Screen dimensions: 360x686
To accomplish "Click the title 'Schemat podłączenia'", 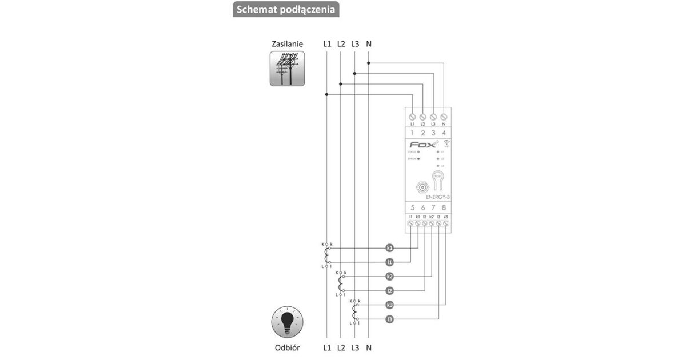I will [x=286, y=10].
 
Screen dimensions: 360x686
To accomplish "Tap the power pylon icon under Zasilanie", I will [x=287, y=69].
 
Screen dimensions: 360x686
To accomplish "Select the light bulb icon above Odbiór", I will [x=287, y=323].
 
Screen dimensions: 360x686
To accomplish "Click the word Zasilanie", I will [x=287, y=43].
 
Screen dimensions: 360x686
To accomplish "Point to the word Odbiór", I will [x=287, y=347].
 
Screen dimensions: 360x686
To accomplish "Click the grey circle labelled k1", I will [x=389, y=248].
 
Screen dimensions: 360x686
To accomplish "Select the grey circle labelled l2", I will [x=389, y=290].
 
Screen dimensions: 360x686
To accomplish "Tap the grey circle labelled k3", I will [x=389, y=305].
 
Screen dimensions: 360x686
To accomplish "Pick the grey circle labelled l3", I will [x=389, y=319].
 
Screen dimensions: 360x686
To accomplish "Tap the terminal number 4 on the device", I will [x=444, y=133].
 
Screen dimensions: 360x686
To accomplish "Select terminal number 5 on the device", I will [x=413, y=207].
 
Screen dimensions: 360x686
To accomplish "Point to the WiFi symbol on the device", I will [x=446, y=143].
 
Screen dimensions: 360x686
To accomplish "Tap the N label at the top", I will [x=369, y=43].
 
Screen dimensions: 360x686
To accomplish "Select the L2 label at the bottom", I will [x=341, y=347].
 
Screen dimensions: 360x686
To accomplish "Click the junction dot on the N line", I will [x=369, y=63].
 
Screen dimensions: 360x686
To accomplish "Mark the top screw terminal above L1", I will [x=412, y=116].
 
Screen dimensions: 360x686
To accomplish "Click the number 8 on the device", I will [x=444, y=207].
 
